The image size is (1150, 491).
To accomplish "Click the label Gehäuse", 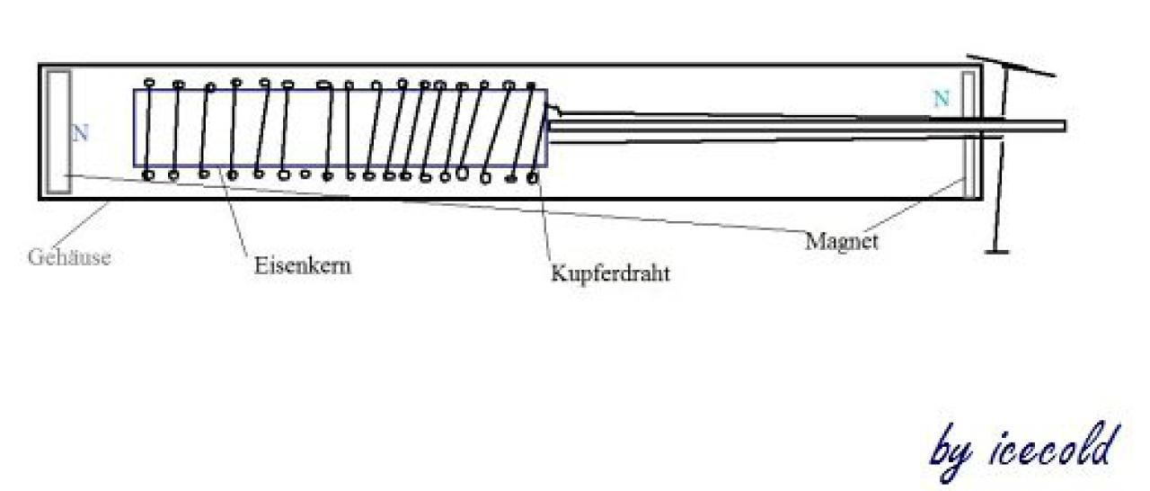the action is click(x=69, y=257).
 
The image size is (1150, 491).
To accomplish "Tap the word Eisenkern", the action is click(x=303, y=266).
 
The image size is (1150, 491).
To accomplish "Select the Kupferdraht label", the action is click(x=610, y=272).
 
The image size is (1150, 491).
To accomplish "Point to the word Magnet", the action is click(x=842, y=241).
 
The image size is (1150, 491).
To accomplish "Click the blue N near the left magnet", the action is click(x=80, y=133).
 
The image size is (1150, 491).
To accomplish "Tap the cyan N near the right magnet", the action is click(x=941, y=98).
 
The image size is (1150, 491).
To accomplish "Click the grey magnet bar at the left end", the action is click(x=58, y=132).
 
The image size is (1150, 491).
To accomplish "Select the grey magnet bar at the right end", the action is click(x=969, y=135).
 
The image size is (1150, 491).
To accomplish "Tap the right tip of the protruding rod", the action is click(x=1066, y=126).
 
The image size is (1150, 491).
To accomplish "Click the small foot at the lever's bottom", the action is click(x=997, y=252).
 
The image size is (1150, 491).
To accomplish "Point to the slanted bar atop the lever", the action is click(x=1012, y=66).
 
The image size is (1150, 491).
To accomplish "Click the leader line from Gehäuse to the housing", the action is click(x=81, y=224).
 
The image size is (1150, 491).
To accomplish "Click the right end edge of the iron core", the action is click(x=546, y=128).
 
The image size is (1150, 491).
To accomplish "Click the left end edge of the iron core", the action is click(x=134, y=128).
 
